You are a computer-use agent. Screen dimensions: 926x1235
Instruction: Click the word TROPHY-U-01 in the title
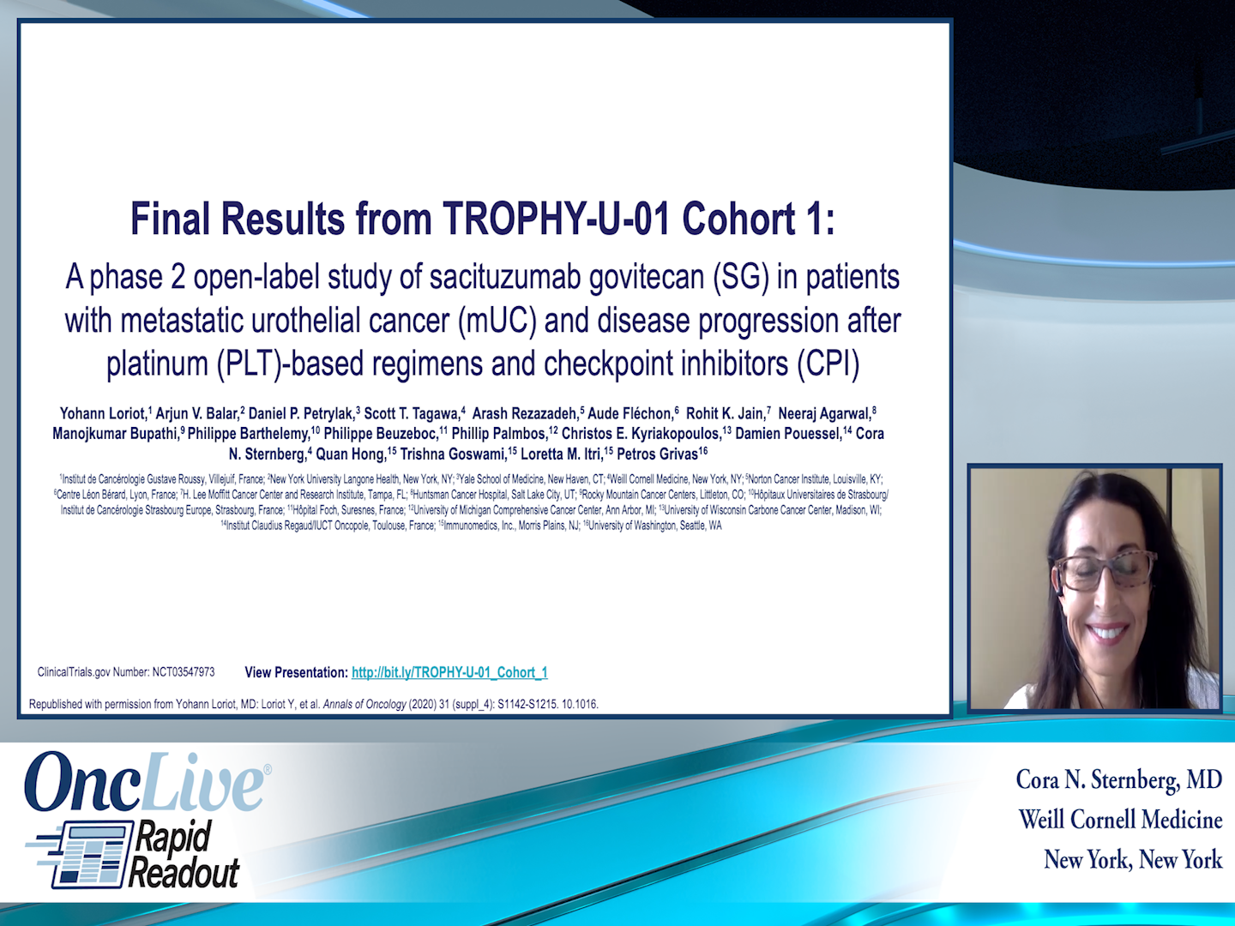557,219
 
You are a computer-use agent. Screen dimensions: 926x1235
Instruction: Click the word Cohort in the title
738,219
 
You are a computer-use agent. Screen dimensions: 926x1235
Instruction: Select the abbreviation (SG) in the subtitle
742,278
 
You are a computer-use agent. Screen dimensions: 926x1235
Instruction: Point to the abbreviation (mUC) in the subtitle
497,322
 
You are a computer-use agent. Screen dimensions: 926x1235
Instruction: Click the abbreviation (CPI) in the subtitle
828,364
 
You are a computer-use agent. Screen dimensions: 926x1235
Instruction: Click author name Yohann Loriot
103,414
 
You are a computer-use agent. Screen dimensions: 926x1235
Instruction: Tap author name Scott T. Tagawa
412,414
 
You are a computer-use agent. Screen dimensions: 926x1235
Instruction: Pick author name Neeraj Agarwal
824,414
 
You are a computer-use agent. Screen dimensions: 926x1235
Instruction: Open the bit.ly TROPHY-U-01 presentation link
449,673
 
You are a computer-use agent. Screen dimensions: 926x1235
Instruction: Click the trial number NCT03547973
184,672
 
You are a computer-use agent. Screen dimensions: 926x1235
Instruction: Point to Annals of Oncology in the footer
364,705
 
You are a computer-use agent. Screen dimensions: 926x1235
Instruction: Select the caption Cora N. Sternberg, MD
1118,780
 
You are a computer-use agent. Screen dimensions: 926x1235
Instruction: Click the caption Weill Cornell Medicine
1120,821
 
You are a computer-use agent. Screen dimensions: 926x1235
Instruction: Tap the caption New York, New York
1132,860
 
